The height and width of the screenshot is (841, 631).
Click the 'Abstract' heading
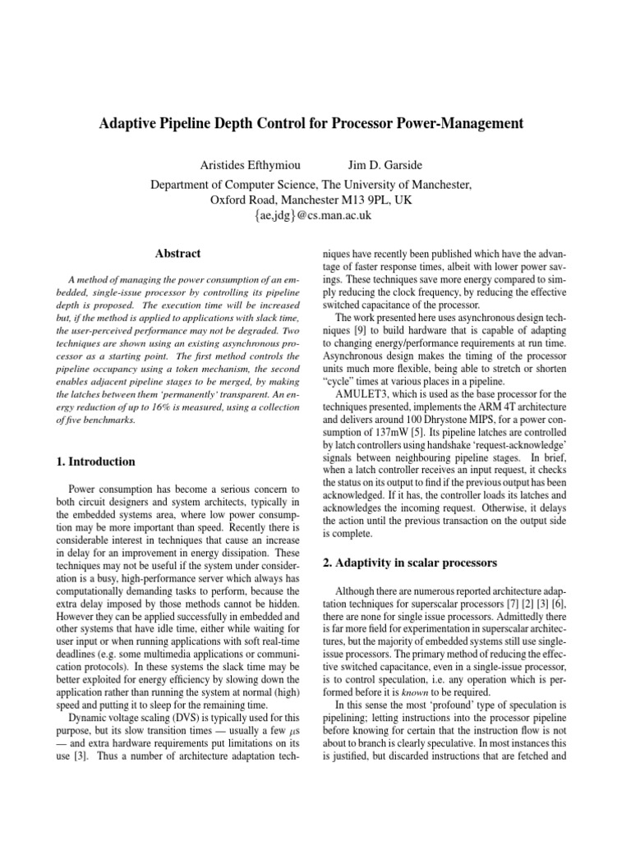point(177,254)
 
